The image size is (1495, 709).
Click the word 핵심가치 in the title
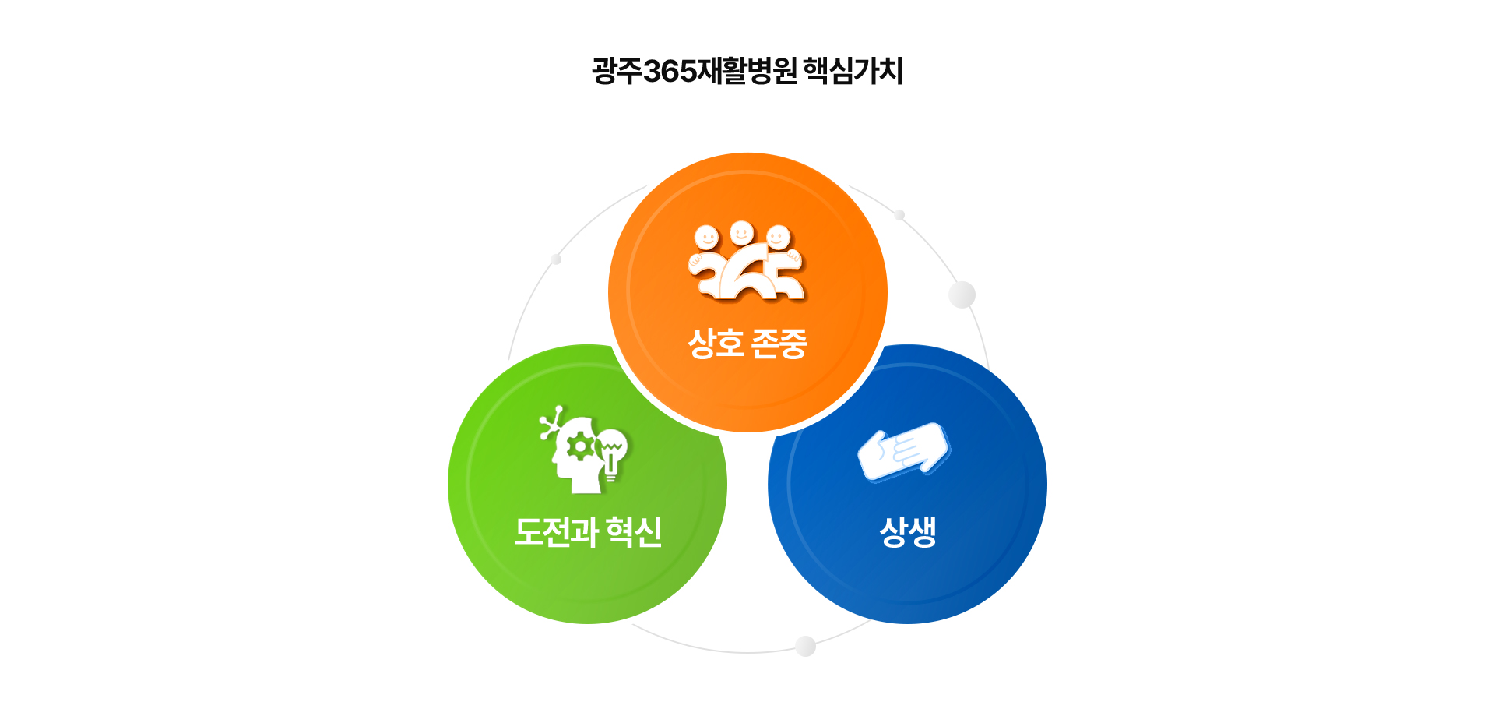coord(853,71)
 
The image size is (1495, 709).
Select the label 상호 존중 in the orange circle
coord(747,344)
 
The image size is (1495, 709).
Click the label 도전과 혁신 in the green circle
coord(588,532)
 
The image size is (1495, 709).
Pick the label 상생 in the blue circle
coord(908,532)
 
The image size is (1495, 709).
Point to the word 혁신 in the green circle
coord(635,532)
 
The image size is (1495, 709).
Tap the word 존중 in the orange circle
coord(779,344)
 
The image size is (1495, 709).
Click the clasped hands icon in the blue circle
coord(903,452)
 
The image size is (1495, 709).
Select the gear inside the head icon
coord(580,447)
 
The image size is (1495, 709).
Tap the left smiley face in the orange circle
coord(706,237)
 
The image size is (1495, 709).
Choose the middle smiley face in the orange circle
coord(742,232)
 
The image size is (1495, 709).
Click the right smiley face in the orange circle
coord(778,237)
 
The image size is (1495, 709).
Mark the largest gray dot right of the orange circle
coord(962,295)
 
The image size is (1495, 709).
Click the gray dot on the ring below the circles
coord(806,646)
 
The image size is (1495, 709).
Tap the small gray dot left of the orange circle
coord(556,259)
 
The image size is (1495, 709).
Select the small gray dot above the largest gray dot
coord(899,214)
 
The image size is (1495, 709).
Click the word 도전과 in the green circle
coord(556,532)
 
